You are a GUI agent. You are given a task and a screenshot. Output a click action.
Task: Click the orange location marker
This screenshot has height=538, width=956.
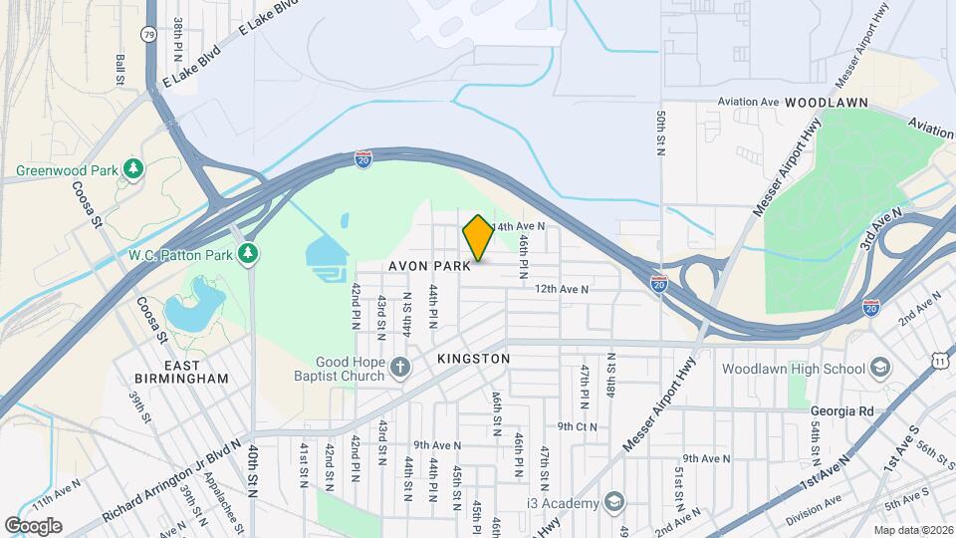(478, 238)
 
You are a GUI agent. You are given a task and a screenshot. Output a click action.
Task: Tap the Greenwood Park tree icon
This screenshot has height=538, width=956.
(132, 169)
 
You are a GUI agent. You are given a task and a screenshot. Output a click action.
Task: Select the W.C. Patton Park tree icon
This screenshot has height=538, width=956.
(247, 254)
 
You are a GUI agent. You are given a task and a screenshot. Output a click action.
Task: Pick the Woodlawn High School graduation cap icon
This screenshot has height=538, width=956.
(879, 369)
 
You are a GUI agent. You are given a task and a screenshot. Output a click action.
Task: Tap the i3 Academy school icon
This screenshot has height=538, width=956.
(614, 501)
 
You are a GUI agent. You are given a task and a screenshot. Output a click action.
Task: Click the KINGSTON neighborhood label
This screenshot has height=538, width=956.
(473, 358)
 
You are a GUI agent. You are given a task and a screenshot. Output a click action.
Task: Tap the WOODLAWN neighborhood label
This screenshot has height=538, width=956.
(827, 103)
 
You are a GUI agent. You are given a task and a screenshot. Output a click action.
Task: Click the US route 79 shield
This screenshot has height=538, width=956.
(148, 33)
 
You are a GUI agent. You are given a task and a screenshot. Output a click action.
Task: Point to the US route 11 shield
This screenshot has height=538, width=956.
(941, 361)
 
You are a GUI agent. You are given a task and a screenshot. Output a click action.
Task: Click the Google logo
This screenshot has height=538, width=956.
(33, 526)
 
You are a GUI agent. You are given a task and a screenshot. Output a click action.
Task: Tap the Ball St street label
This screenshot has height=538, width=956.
(120, 69)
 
